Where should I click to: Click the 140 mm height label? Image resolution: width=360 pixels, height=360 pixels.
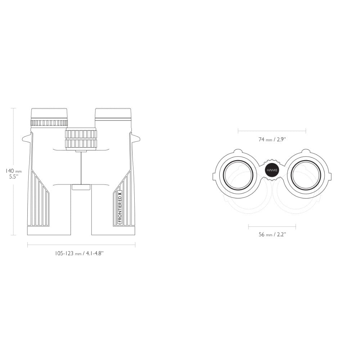[x=14, y=171]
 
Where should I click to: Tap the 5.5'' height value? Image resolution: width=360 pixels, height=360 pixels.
[x=14, y=177]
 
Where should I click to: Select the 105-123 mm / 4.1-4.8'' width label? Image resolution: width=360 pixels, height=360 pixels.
[x=79, y=253]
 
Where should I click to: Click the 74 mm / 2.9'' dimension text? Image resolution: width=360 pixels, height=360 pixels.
[x=272, y=139]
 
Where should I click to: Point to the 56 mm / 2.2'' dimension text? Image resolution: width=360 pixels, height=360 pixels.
[x=272, y=234]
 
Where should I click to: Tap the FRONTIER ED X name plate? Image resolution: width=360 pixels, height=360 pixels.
[x=120, y=207]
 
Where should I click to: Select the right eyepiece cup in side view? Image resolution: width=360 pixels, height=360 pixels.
[x=113, y=114]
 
